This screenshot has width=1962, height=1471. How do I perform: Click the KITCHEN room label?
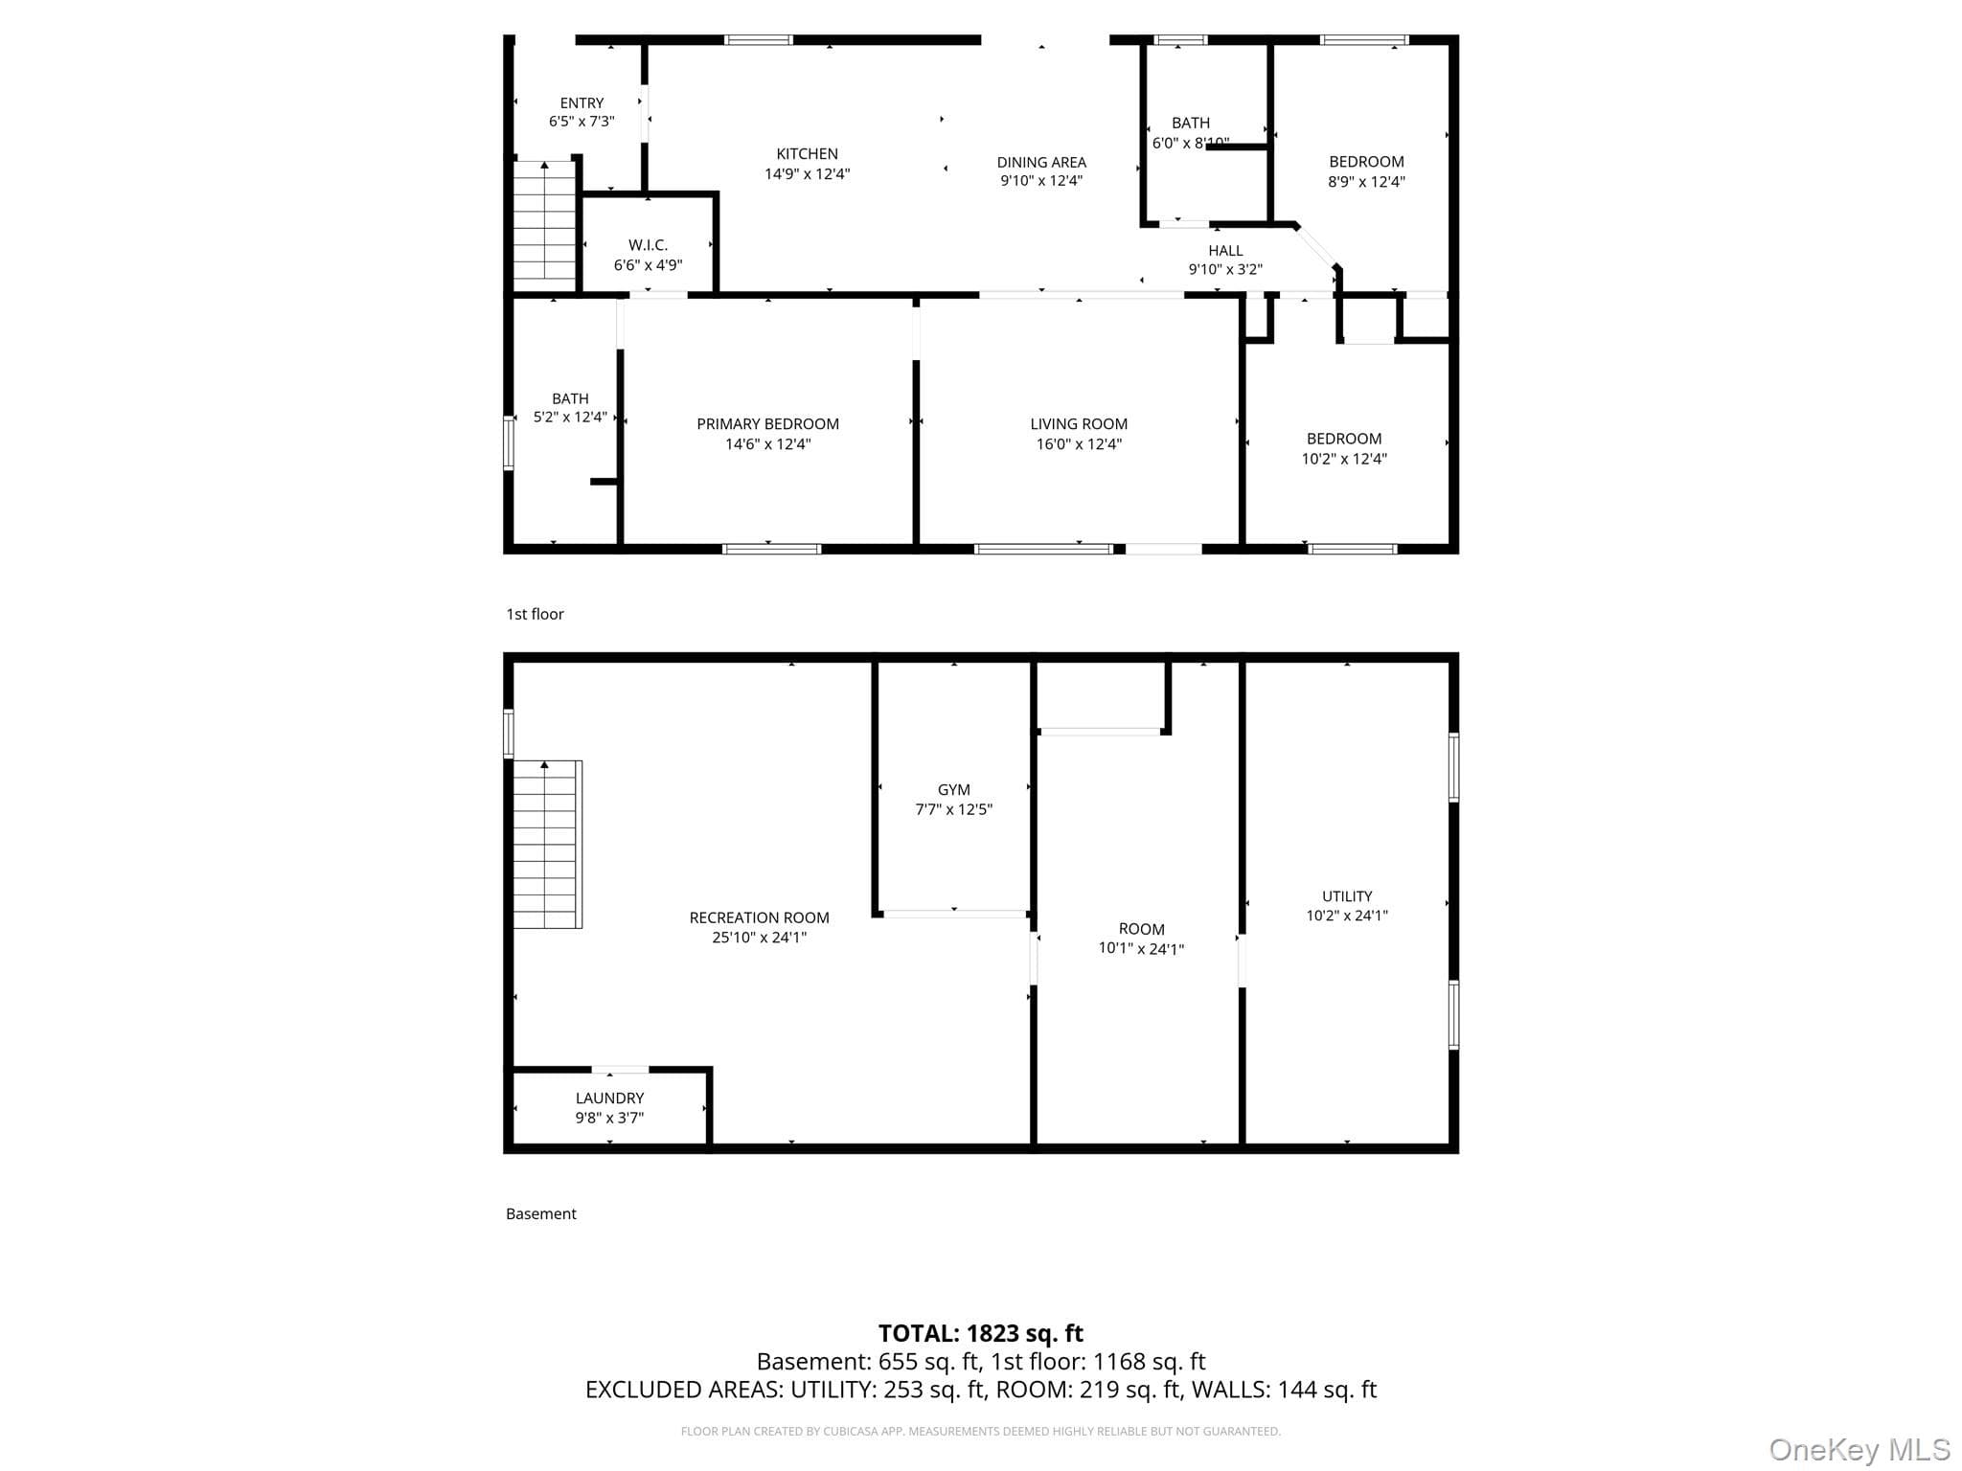[x=807, y=153]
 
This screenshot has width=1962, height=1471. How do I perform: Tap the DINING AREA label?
[x=1041, y=162]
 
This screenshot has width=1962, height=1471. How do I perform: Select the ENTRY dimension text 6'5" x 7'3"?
[x=582, y=122]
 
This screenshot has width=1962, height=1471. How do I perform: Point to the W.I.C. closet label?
[x=648, y=245]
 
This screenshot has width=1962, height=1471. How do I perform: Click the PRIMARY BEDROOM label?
[x=767, y=423]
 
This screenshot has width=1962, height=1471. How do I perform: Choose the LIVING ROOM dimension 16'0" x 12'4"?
[x=1079, y=443]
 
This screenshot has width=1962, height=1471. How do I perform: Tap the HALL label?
[x=1225, y=251]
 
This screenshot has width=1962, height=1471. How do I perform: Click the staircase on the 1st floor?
[x=544, y=221]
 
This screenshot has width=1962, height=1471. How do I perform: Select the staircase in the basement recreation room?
[x=547, y=844]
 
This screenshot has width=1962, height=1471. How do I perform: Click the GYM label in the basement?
[x=953, y=789]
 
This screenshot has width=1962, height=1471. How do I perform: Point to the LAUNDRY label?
[x=609, y=1098]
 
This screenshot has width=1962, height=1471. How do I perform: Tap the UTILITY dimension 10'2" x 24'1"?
[x=1347, y=916]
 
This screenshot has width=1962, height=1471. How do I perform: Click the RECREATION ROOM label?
[x=759, y=917]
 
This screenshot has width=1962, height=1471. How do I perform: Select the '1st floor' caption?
[x=535, y=614]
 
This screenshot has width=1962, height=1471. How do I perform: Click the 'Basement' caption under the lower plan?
[x=540, y=1213]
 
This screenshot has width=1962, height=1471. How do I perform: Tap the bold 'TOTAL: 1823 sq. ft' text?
[x=981, y=1333]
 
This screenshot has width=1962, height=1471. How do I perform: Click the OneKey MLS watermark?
[x=1859, y=1449]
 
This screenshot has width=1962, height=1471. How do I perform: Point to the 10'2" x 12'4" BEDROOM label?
[x=1344, y=439]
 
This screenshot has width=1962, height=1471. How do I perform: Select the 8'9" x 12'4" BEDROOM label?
[x=1366, y=162]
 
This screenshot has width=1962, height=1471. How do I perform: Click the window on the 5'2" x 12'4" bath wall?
[x=509, y=442]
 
